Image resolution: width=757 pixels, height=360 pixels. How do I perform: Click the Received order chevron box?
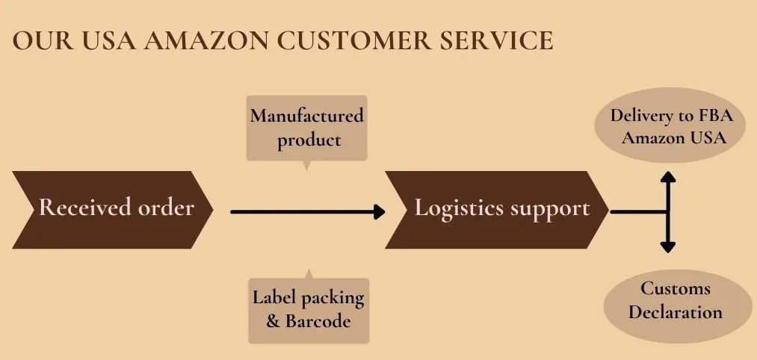112,209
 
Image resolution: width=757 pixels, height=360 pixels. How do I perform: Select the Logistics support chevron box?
496,209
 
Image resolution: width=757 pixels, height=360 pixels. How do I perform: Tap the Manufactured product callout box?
307,128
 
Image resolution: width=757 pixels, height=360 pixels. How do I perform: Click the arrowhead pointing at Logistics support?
379,211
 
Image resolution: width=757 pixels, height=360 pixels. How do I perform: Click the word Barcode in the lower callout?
318,321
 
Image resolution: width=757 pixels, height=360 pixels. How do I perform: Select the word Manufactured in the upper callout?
307,117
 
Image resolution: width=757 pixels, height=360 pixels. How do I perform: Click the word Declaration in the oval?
675,311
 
